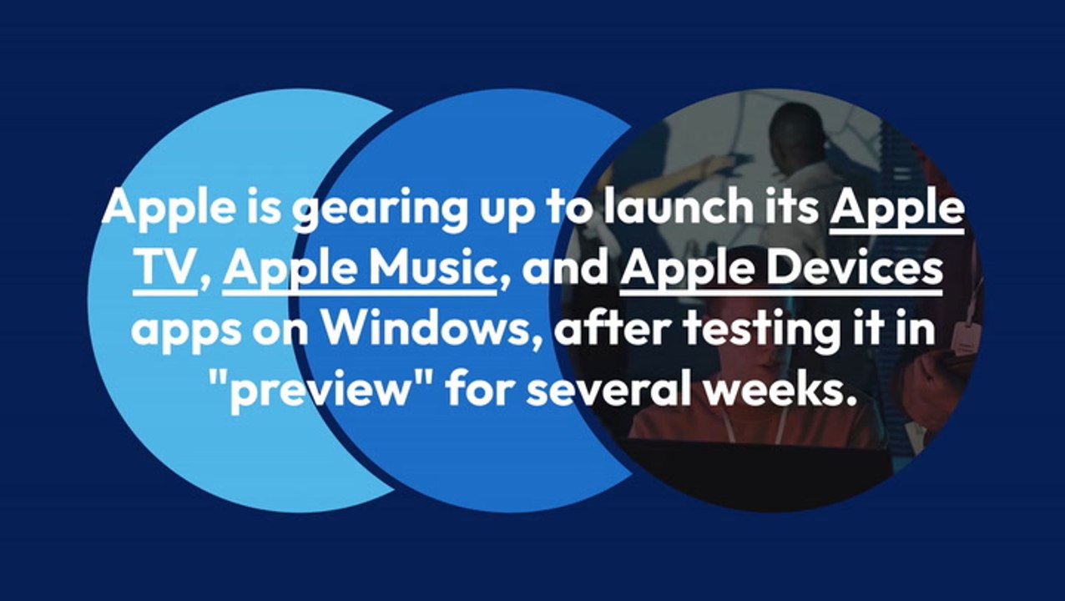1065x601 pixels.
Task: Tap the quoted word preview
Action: [x=330, y=391]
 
